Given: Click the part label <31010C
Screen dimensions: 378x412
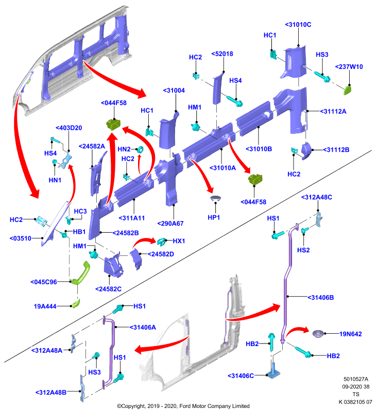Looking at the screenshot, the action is [298, 25].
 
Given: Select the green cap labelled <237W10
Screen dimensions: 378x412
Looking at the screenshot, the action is [348, 90].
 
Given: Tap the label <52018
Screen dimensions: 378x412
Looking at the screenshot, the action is [222, 54].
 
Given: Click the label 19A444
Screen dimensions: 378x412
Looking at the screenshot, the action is [45, 306].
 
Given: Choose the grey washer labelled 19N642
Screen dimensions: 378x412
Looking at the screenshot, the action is [318, 333].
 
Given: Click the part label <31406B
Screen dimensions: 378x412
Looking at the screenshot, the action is [321, 298].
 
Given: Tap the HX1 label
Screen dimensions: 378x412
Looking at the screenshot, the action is [179, 241].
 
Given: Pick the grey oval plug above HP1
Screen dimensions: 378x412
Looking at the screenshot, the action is [215, 198].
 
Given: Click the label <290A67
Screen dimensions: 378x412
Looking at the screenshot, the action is [170, 224].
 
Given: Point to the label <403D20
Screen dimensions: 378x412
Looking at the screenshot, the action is [69, 128].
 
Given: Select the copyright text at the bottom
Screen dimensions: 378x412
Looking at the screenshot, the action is [183, 406].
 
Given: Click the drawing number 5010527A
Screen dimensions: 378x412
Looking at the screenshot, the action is [356, 379].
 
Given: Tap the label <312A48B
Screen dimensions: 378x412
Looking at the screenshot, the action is [50, 392].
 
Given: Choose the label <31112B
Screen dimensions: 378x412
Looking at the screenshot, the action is [336, 150].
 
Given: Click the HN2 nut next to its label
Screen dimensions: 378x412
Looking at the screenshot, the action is [140, 150].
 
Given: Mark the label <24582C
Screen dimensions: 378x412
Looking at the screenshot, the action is [108, 289].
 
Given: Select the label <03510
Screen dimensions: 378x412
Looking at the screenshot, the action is [20, 238].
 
